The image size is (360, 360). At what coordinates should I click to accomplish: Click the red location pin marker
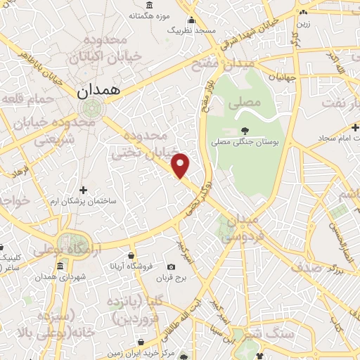point(181,165)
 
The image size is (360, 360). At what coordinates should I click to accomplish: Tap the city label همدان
point(98,90)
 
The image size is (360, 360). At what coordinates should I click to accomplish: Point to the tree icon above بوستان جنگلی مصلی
point(244,130)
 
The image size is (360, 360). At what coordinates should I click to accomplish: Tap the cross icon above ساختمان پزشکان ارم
point(84,190)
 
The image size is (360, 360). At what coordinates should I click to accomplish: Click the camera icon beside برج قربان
point(171,267)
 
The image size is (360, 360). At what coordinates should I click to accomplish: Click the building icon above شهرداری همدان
point(60,267)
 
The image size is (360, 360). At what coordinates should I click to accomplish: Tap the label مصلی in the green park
point(243,103)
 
